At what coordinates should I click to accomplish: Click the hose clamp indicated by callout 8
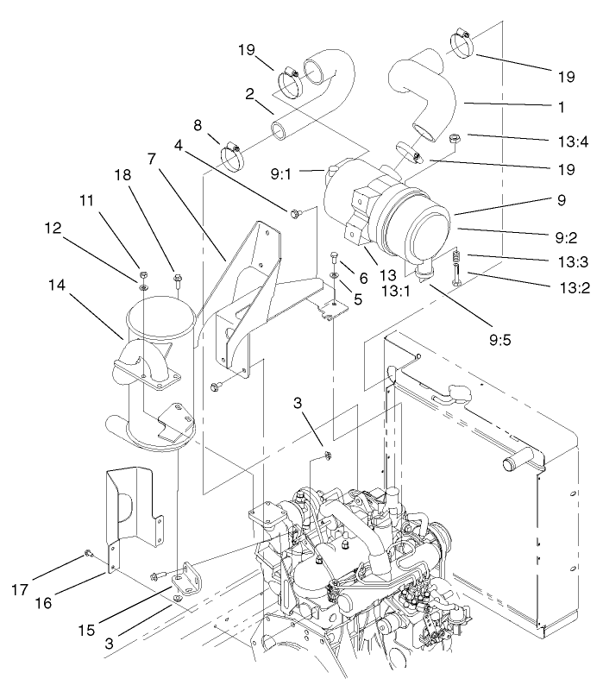click(231, 155)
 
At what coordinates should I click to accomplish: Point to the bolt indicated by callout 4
click(296, 212)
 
